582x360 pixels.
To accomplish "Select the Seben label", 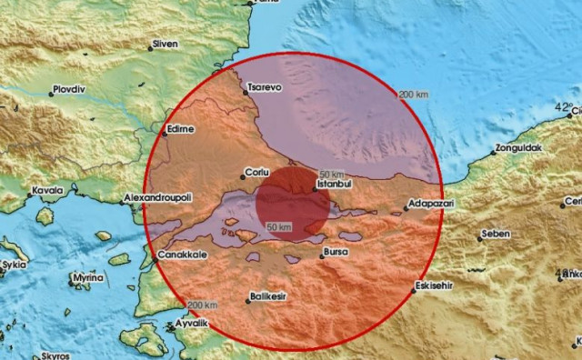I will [x=496, y=234].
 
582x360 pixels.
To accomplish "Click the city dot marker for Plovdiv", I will [x=51, y=93].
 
